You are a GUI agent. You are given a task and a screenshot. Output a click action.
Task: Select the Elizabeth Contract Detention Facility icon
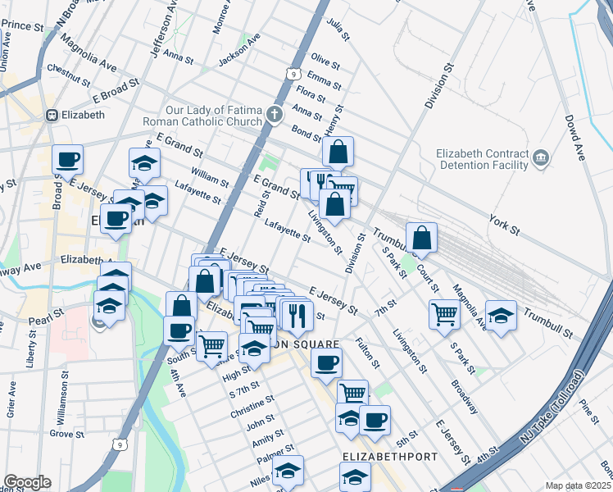pyautogui.click(x=541, y=157)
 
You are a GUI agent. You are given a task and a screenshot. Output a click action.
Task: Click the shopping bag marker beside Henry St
pyautogui.click(x=338, y=153)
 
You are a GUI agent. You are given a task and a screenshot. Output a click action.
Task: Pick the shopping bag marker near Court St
pyautogui.click(x=420, y=239)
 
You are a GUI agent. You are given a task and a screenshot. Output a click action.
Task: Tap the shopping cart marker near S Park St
pyautogui.click(x=443, y=314)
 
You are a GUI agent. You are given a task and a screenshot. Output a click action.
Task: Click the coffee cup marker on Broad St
pyautogui.click(x=68, y=159)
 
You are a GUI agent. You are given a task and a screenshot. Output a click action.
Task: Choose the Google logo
pyautogui.click(x=27, y=482)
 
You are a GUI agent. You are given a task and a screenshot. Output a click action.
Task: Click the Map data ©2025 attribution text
pyautogui.click(x=578, y=485)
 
